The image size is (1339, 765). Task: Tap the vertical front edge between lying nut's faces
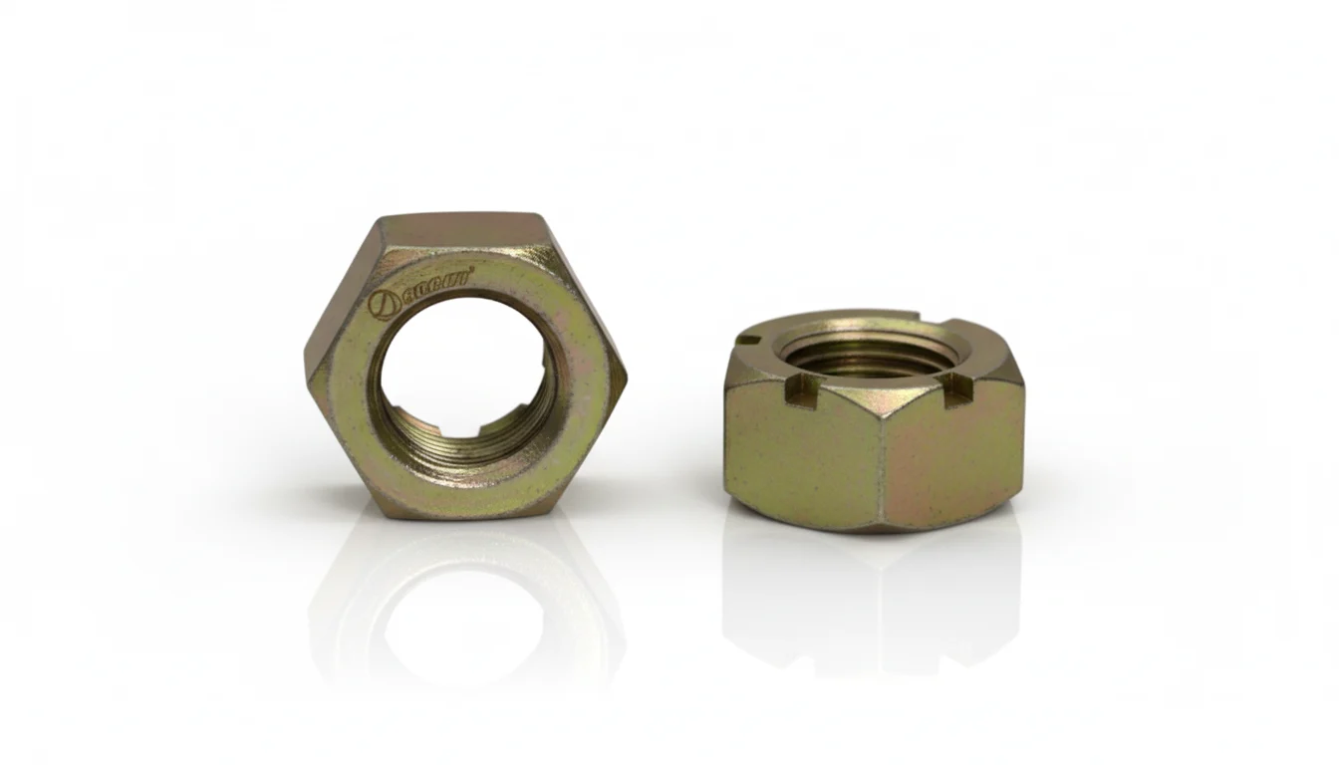coord(881,458)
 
